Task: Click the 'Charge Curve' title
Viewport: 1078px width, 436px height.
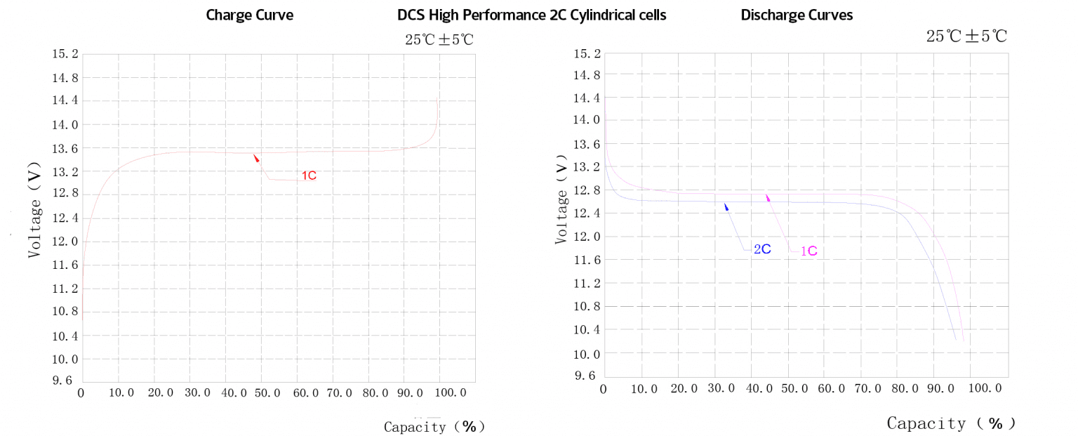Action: pos(248,15)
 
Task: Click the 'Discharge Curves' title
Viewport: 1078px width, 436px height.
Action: pos(797,15)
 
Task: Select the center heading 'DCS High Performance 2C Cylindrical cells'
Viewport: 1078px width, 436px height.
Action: pos(531,15)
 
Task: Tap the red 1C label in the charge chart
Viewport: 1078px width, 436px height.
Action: pos(309,176)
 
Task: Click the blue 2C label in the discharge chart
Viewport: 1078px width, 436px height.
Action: pos(762,249)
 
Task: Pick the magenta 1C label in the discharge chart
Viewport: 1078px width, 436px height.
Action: pos(808,251)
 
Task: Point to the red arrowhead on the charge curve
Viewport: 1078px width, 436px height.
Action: pos(256,158)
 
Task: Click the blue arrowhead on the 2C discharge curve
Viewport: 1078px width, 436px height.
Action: pos(726,206)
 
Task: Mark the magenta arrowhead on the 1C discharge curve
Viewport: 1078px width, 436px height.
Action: pos(768,197)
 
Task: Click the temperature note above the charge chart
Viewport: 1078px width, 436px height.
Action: pos(439,39)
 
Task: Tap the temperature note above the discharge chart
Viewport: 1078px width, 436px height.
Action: pos(966,37)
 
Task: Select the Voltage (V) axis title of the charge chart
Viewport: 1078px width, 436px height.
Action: pos(35,218)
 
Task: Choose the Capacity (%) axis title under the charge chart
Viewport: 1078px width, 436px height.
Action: pos(434,426)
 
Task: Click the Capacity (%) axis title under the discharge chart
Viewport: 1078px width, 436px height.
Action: pos(951,423)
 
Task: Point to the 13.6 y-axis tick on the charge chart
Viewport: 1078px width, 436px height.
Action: pos(65,148)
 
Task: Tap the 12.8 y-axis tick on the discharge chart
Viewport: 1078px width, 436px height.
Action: pos(588,190)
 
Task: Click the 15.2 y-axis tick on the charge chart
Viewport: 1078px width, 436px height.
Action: pos(65,54)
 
